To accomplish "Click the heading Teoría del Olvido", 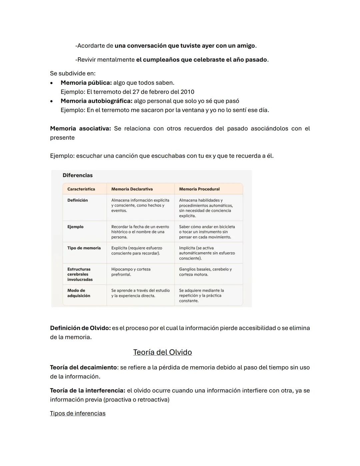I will [162, 352].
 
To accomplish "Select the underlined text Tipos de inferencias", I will [78, 413].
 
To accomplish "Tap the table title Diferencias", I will [78, 175].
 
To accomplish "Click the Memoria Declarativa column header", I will [132, 189].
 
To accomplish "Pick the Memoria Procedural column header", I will [199, 189].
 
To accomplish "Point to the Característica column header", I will [81, 189].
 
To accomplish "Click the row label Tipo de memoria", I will [84, 248].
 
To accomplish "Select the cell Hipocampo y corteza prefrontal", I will [131, 272].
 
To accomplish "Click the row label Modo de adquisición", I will [79, 293].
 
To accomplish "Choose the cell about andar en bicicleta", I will [207, 232].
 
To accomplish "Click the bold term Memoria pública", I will [86, 83].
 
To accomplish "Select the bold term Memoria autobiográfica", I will [96, 101].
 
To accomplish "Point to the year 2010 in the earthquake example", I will [187, 92].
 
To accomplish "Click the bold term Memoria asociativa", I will [80, 128].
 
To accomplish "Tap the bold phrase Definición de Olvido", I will [80, 328].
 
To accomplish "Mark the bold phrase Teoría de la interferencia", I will [88, 390].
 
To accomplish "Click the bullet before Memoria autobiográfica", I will [51, 101].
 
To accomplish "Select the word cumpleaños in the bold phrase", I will [162, 60].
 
